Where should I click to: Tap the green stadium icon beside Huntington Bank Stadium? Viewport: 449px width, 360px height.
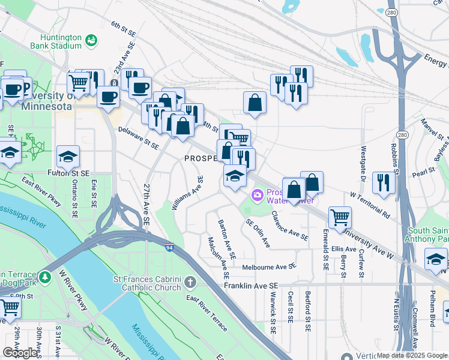coord(91,40)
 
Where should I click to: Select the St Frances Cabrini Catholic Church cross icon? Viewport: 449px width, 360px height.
coord(190,281)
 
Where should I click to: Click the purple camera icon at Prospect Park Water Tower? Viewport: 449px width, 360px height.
coord(258,195)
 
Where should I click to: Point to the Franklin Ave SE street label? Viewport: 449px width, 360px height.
coord(252,287)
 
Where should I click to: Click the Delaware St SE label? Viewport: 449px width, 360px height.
coord(138,137)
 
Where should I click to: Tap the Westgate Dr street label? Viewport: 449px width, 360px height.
coord(363,163)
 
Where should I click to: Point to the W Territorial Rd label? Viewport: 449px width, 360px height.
coord(370,205)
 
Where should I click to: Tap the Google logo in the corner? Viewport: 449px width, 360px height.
coord(20,353)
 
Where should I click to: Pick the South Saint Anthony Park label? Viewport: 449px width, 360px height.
coord(428,236)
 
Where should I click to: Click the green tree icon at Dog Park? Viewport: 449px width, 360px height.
coord(46,278)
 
